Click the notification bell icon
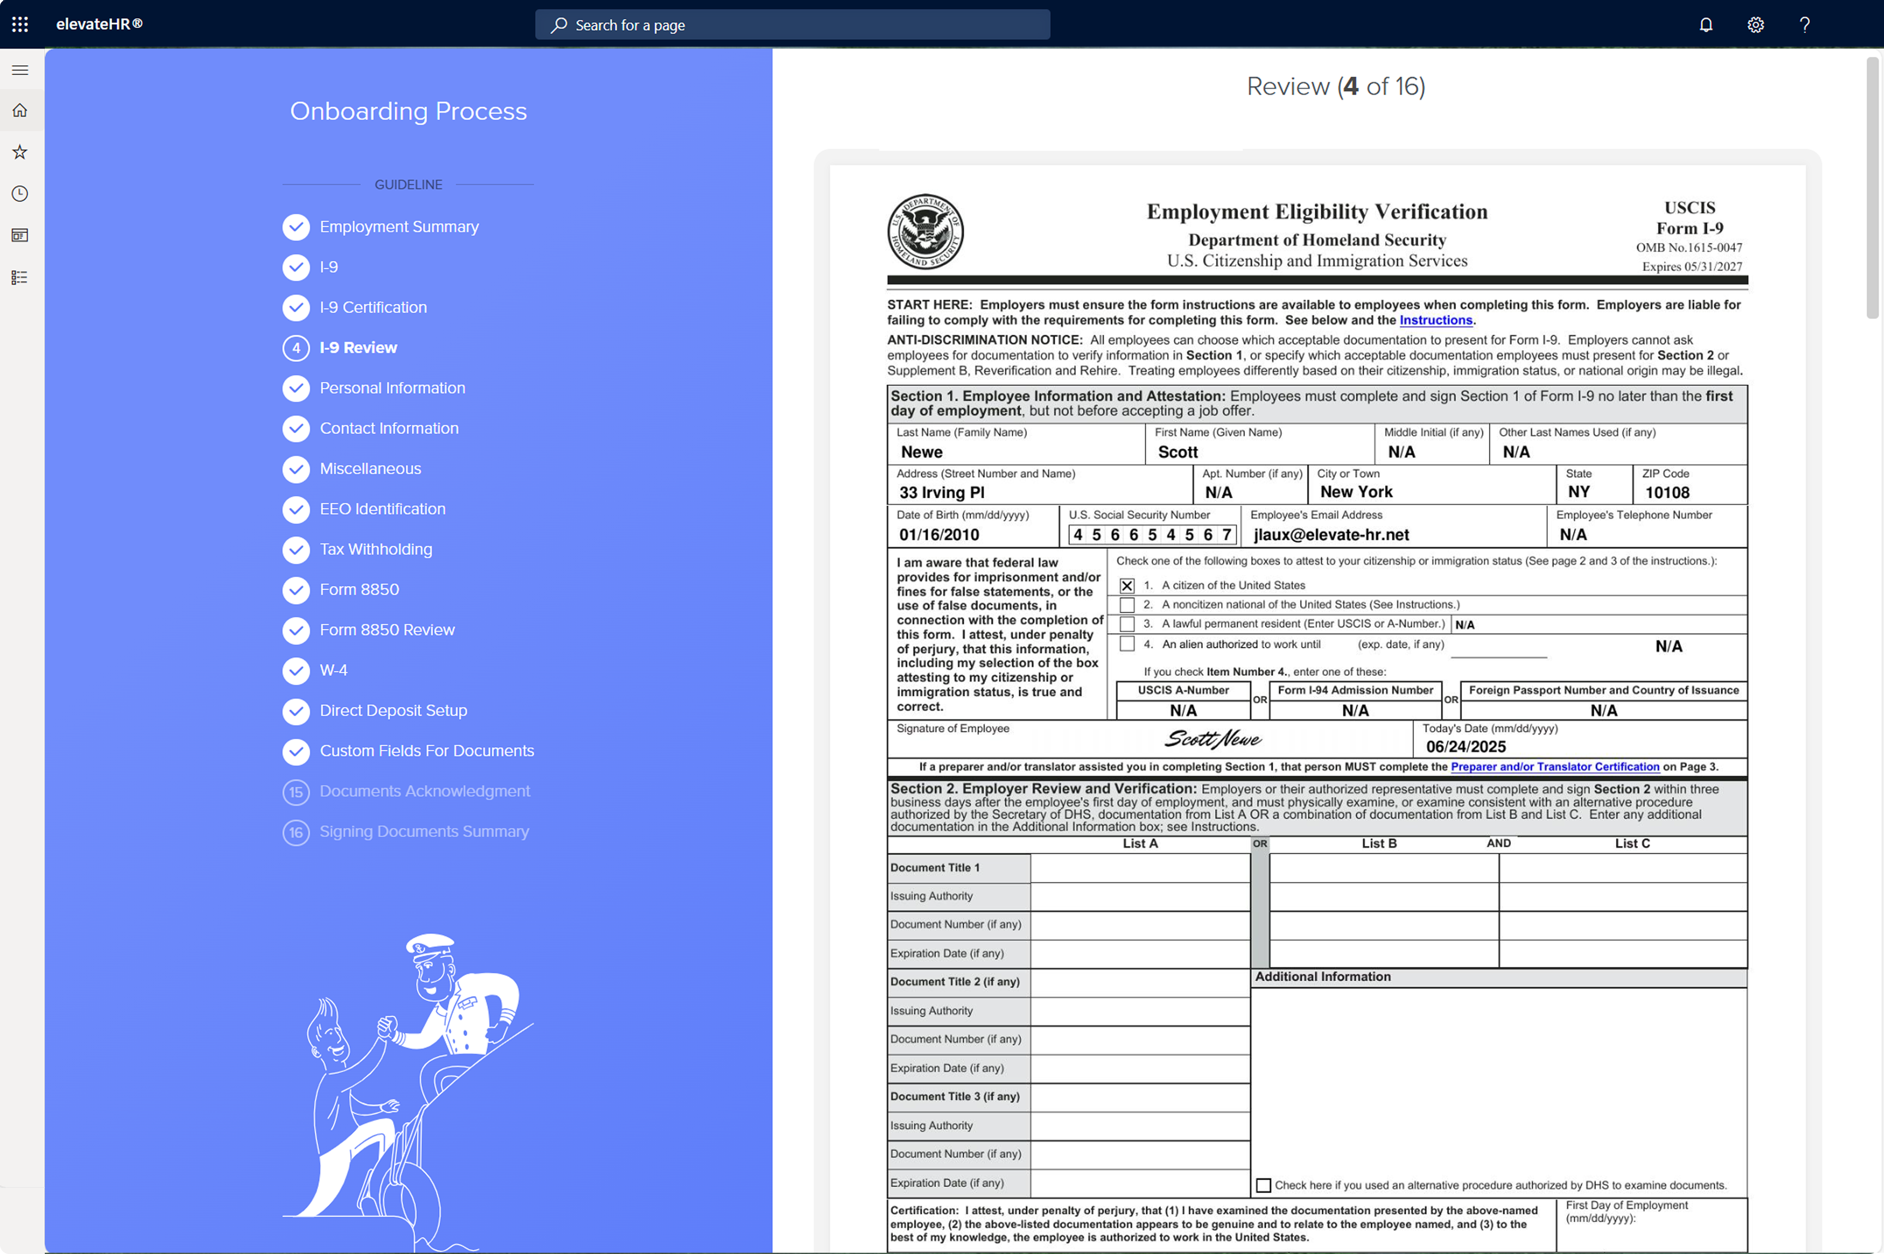(x=1706, y=25)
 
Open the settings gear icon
(x=1755, y=25)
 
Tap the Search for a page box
(x=792, y=25)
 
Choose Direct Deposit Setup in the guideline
(x=393, y=710)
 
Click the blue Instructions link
(x=1435, y=320)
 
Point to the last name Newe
(x=921, y=452)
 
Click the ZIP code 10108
(x=1667, y=493)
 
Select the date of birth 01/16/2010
(x=939, y=534)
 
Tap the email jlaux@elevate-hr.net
(x=1331, y=534)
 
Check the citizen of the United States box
(x=1126, y=585)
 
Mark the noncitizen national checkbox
(x=1126, y=605)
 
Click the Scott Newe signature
(x=1213, y=739)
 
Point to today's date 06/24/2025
(x=1466, y=746)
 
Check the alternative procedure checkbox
(x=1263, y=1185)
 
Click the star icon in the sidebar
(x=20, y=152)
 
